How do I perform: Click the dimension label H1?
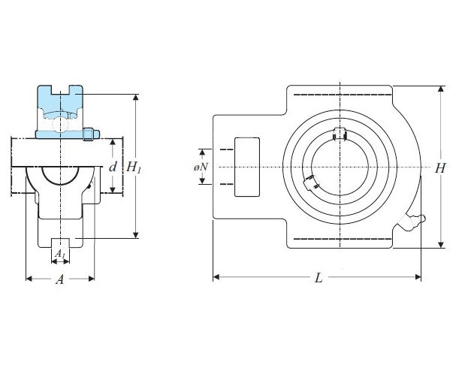134,168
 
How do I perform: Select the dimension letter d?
113,167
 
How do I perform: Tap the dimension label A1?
60,253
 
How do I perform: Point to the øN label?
201,167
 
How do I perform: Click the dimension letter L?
319,278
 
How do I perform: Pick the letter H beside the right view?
440,168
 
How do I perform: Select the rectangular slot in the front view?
247,167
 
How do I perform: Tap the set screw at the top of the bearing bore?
340,134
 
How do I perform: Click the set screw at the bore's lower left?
311,182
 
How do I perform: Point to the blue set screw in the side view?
91,134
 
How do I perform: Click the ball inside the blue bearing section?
60,124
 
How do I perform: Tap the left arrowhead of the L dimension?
216,277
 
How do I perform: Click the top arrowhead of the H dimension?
441,89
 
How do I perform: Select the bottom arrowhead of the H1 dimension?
135,235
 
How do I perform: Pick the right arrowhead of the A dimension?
91,279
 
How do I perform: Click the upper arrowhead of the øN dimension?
202,152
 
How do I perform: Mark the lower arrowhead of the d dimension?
113,190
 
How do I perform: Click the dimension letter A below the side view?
60,279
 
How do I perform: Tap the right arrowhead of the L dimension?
418,277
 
